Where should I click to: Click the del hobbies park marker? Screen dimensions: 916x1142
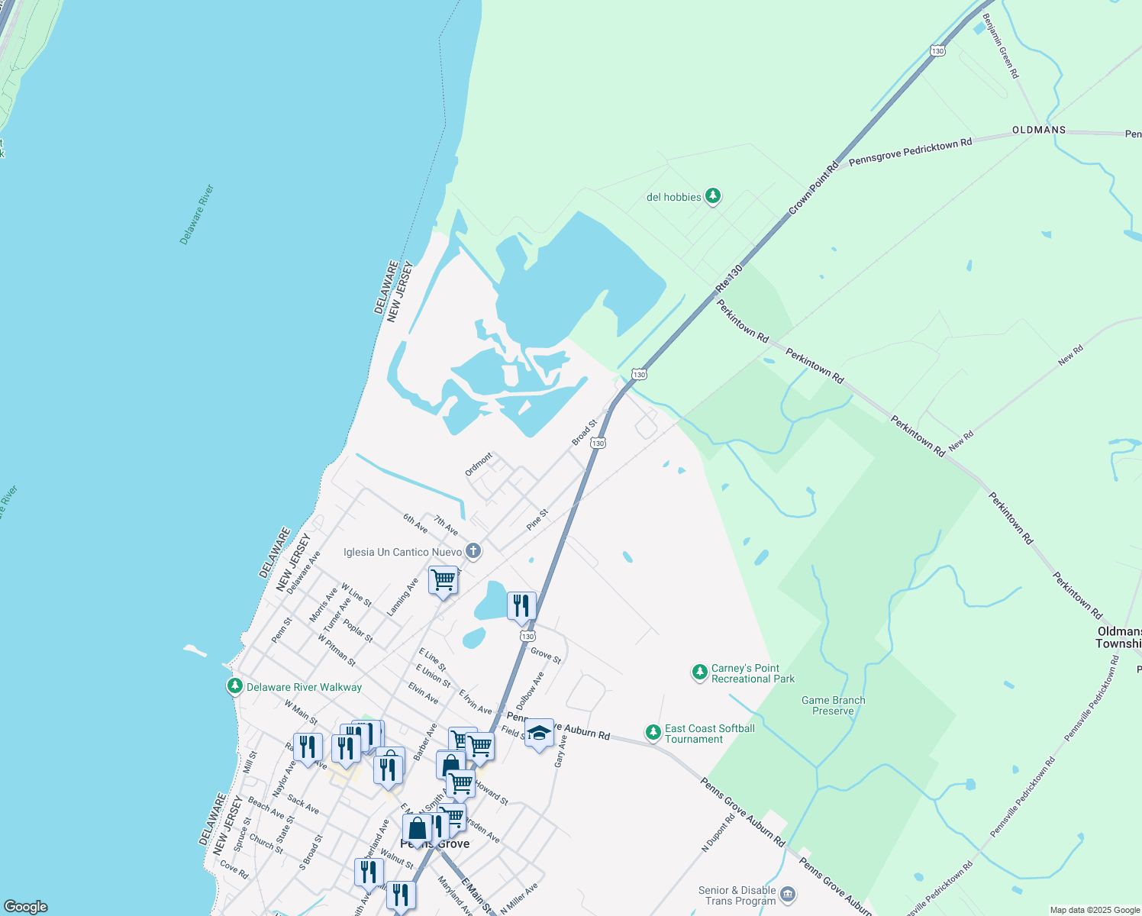tap(713, 197)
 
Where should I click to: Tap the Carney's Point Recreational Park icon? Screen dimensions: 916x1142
tap(699, 672)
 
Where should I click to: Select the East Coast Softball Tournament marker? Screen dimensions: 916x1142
tap(653, 733)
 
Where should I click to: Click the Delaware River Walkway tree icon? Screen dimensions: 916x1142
tap(235, 686)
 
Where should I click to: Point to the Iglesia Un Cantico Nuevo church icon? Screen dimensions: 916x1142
tap(473, 551)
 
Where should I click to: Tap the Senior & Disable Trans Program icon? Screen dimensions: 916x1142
tap(789, 894)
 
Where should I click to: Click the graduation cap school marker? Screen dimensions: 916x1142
tap(539, 734)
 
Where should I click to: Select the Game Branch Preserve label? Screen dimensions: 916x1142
tap(833, 705)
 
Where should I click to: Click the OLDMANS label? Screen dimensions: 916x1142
tap(1038, 130)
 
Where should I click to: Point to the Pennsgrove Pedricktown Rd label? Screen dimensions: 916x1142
tap(910, 151)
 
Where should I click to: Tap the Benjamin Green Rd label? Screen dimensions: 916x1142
tap(1001, 46)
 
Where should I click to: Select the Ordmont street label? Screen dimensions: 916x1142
tap(479, 464)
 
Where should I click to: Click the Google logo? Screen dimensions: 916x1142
tap(26, 906)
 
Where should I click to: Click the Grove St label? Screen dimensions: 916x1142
tap(546, 655)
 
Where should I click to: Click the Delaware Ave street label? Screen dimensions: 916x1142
tap(303, 572)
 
